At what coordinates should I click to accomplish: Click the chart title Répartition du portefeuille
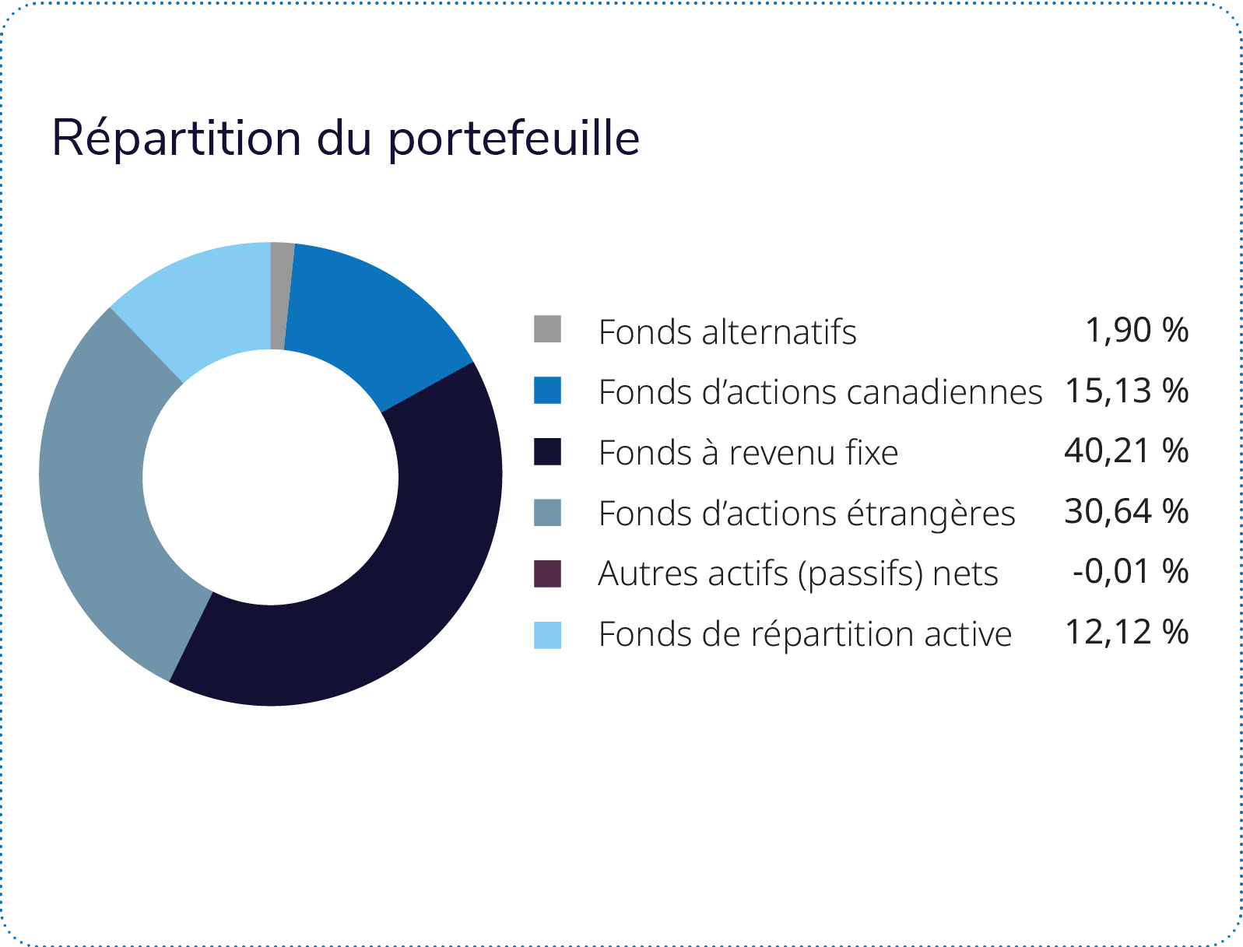tap(346, 139)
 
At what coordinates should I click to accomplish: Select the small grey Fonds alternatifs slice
tap(281, 296)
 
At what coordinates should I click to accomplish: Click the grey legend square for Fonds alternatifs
tap(547, 329)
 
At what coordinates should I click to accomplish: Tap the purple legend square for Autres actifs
tap(547, 574)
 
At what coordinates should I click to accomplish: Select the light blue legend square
tap(547, 635)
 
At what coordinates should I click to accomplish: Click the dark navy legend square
tap(547, 451)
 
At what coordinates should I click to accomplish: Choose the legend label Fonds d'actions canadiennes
tap(820, 391)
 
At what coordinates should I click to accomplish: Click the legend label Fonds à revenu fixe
tap(748, 452)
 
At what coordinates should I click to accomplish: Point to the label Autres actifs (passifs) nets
tap(798, 574)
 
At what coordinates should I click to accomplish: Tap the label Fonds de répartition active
tap(805, 634)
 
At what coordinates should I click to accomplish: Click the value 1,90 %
tap(1136, 330)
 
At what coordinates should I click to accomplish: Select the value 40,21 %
tap(1125, 451)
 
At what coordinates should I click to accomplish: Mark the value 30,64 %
tap(1125, 512)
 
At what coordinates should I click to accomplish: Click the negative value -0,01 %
tap(1130, 572)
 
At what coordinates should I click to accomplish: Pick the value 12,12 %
tap(1126, 633)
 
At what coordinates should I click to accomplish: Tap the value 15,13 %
tap(1126, 391)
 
